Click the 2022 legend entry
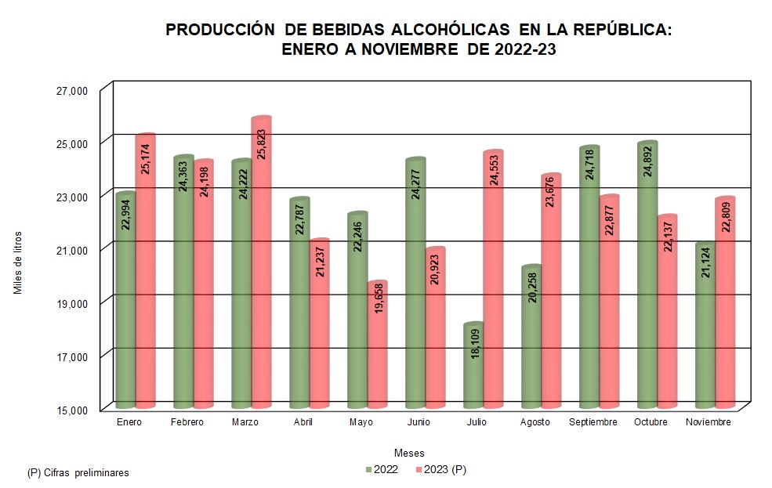382,470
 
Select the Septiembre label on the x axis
593,422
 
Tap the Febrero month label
187,422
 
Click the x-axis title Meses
409,454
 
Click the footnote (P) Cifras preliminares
78,473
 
